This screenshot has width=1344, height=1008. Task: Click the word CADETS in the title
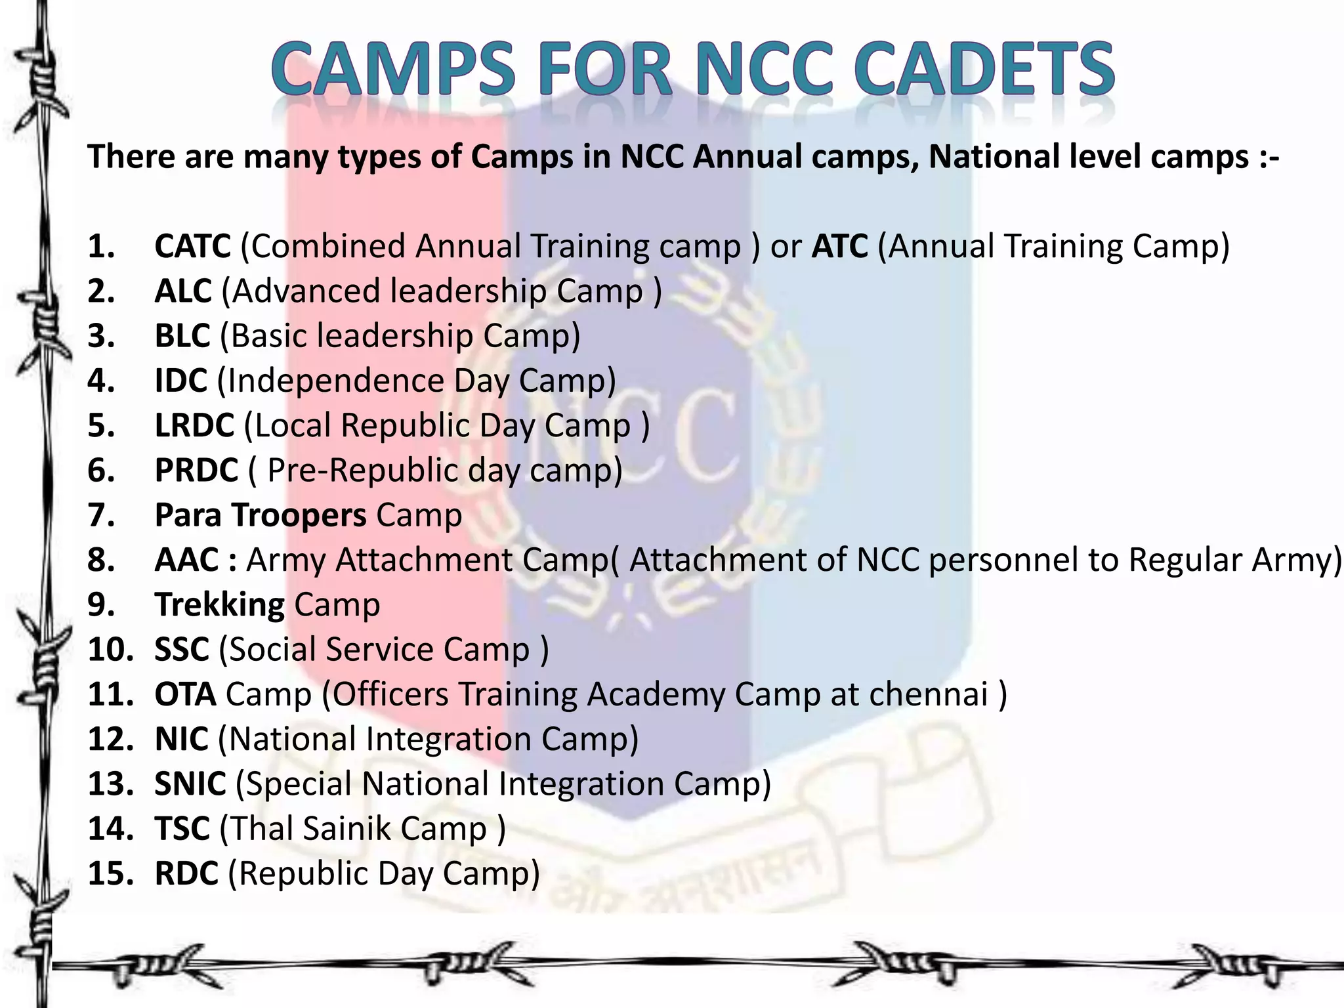984,69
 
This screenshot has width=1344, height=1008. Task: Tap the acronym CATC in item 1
192,247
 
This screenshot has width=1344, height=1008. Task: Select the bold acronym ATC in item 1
839,247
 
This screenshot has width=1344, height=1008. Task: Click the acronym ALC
183,291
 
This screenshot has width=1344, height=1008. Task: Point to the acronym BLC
182,336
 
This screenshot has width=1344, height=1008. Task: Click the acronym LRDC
194,425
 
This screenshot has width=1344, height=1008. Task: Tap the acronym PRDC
196,471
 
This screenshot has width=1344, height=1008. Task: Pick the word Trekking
219,605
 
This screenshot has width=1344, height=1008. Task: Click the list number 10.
110,650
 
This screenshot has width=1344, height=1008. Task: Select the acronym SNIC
190,784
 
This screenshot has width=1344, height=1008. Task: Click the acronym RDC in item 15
186,873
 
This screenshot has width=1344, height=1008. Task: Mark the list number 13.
110,784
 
